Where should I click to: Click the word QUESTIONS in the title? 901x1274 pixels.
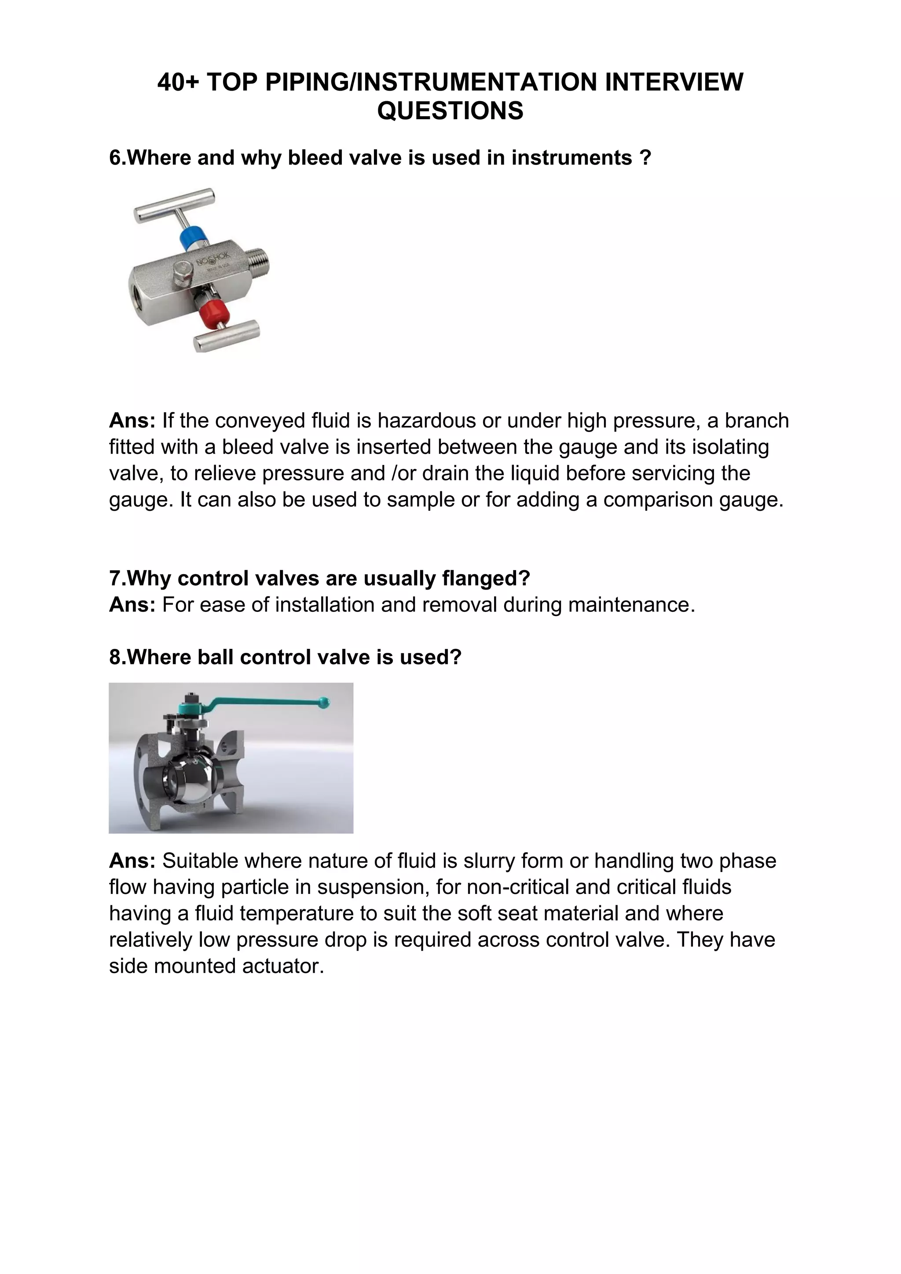tap(450, 110)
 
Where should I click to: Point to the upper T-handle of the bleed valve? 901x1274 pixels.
tap(173, 205)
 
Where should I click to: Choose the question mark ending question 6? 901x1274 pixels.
tap(645, 157)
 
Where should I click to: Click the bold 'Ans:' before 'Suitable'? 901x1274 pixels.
tap(132, 860)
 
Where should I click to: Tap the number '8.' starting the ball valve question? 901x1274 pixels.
tap(117, 657)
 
